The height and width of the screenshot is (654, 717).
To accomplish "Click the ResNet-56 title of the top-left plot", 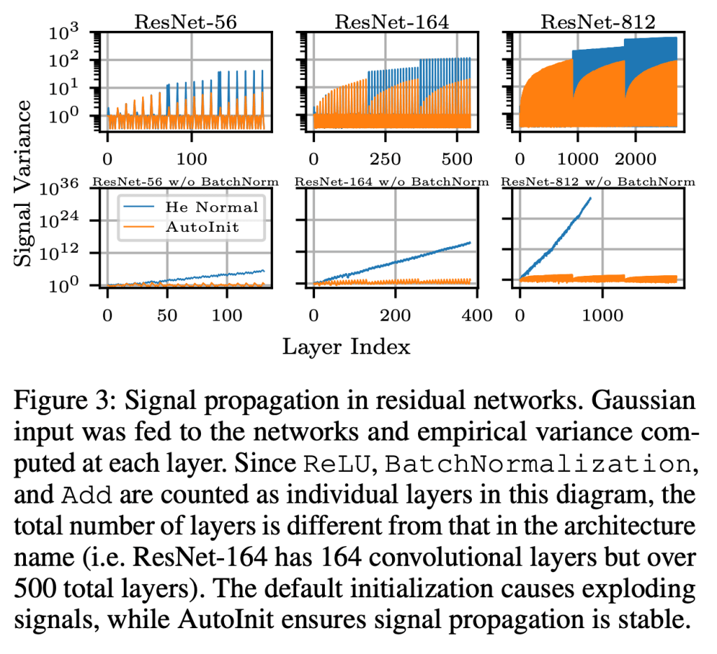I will coord(185,20).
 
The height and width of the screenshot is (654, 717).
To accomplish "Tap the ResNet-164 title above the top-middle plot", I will coord(391,20).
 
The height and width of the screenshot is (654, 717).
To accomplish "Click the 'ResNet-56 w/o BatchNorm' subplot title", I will coord(185,182).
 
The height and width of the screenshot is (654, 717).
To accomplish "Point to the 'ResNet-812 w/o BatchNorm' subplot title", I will coord(598,182).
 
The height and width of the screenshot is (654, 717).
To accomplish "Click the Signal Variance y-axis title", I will coord(23,181).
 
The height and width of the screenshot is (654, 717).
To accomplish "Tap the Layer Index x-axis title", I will coord(346,346).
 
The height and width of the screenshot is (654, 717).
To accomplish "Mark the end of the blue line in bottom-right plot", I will coord(590,198).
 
